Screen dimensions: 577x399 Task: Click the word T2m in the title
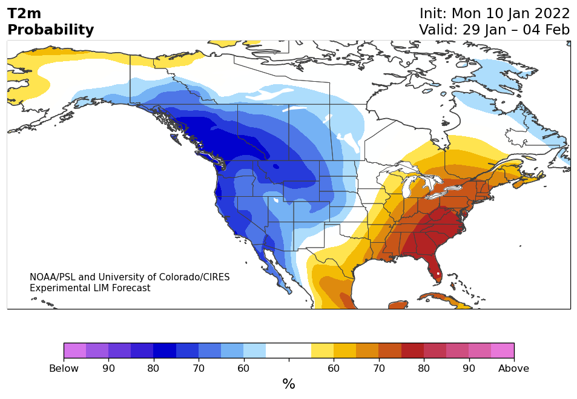24,13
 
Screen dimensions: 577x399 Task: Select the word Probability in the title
51,30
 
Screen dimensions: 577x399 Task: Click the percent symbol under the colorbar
289,384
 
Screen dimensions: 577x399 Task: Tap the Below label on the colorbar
64,369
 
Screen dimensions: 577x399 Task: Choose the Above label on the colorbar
513,369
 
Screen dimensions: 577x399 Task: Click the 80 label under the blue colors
153,369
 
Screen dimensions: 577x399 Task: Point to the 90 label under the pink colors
469,369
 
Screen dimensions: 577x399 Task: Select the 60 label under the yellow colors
334,369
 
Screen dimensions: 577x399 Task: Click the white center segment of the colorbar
289,351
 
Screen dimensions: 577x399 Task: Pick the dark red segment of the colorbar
412,351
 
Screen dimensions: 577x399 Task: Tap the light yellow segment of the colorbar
322,351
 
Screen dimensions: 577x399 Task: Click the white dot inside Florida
438,274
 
